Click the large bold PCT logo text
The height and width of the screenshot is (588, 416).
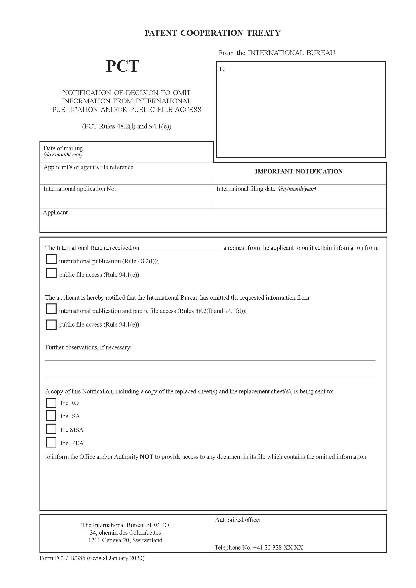tap(122, 66)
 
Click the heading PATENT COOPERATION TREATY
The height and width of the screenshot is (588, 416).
tap(213, 33)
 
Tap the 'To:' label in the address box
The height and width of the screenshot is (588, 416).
tap(223, 69)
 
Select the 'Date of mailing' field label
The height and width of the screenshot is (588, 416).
tap(63, 148)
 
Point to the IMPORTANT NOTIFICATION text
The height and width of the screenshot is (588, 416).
tap(299, 171)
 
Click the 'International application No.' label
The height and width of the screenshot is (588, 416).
tap(79, 189)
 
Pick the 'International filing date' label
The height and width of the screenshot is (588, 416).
tap(266, 189)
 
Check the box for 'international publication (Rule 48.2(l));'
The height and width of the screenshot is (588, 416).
tap(51, 259)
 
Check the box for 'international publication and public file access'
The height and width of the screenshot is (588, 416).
tap(51, 309)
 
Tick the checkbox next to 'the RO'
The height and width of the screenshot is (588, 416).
tap(51, 403)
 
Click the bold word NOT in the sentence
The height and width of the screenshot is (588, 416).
tap(146, 457)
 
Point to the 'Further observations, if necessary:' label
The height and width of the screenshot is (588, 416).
tap(88, 347)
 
